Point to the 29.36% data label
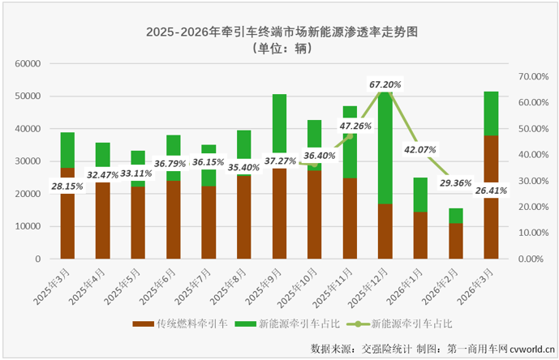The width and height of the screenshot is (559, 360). pos(456,183)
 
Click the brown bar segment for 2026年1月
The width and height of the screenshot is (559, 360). pos(420,235)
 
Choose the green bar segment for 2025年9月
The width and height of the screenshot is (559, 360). pos(279,122)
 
